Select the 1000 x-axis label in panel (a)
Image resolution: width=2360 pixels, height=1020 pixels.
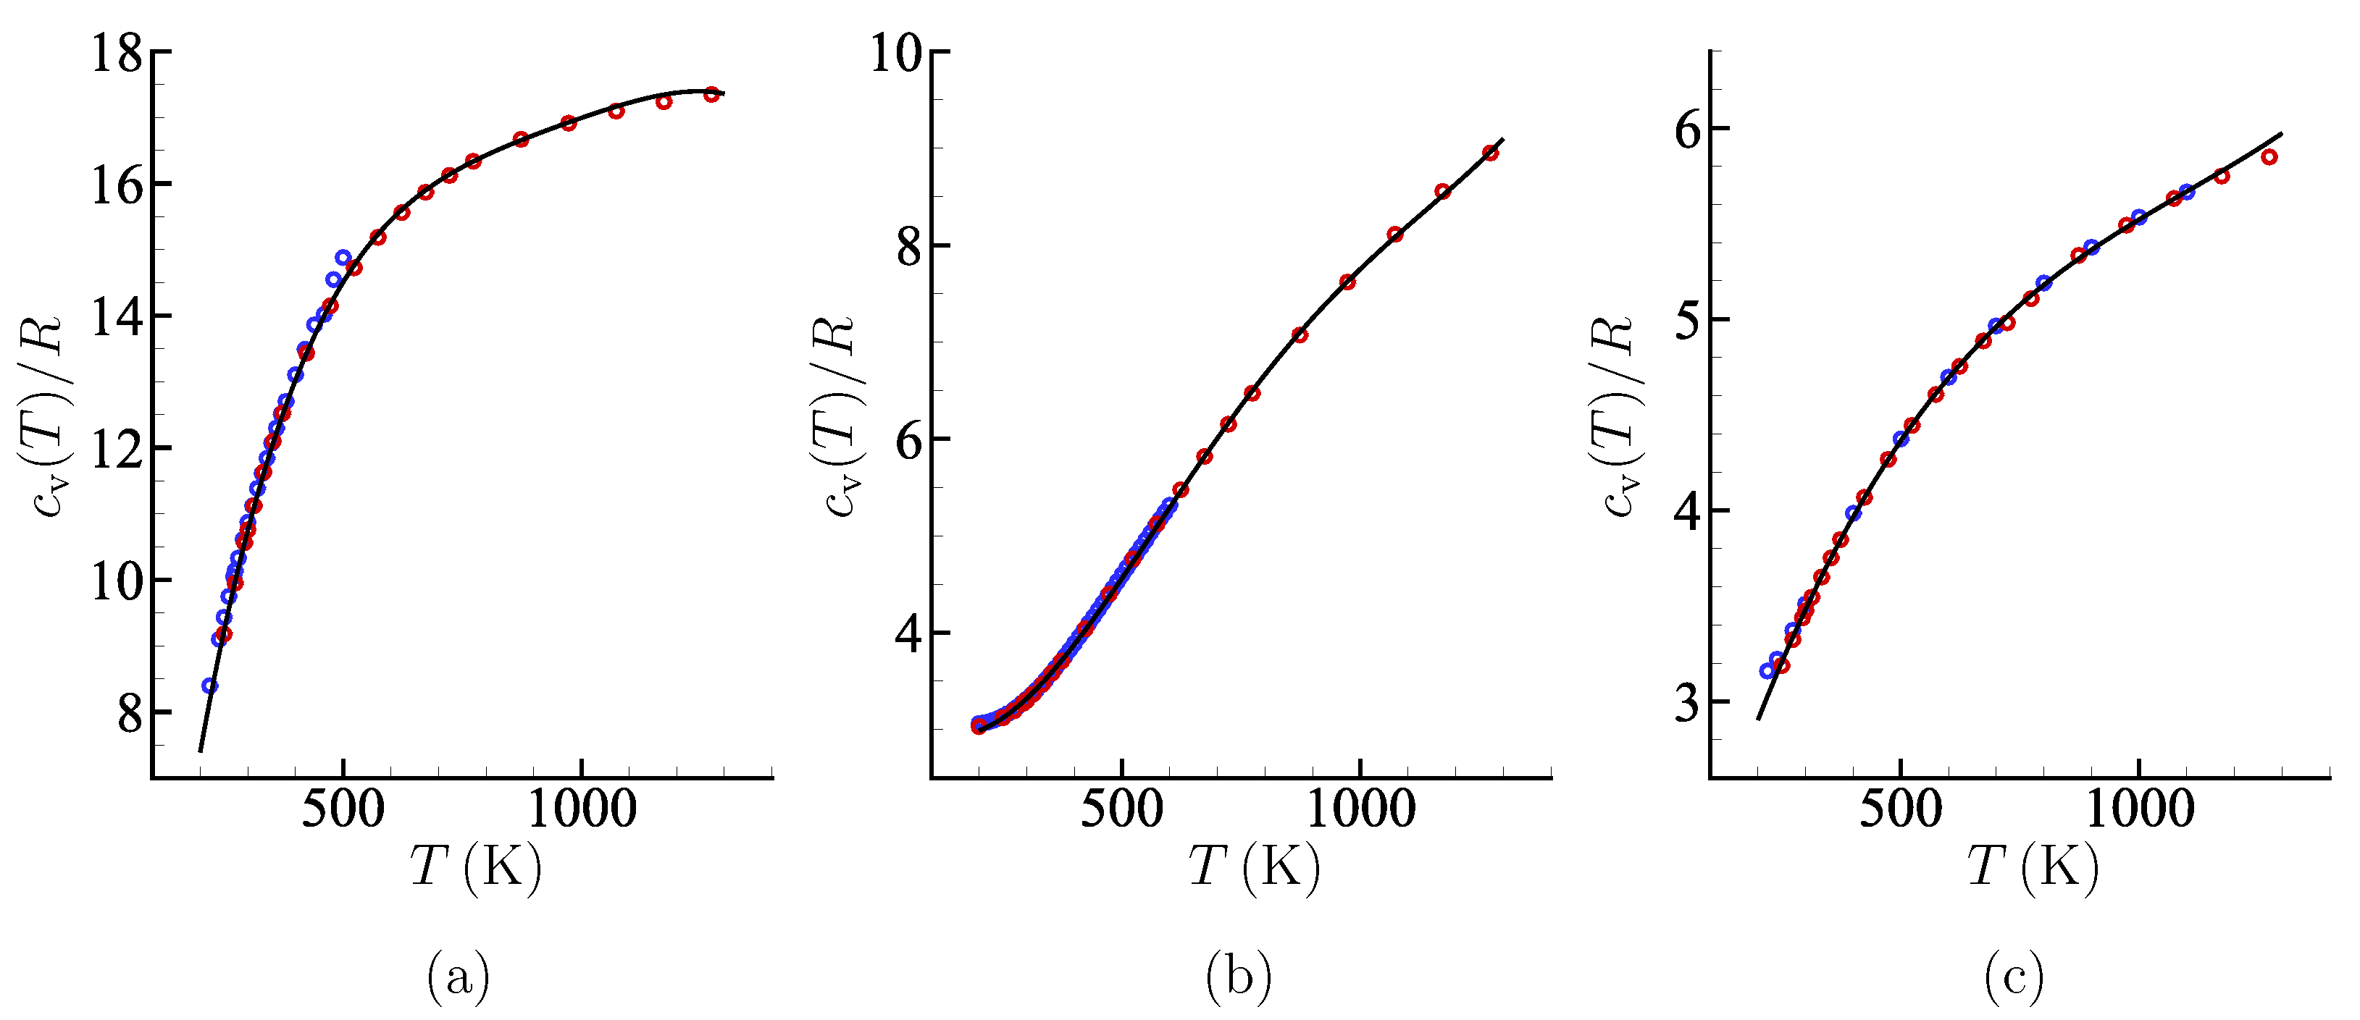pyautogui.click(x=582, y=810)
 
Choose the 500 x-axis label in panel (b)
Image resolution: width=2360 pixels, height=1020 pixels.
pyautogui.click(x=1122, y=810)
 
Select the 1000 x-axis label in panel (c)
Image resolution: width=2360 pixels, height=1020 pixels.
pyautogui.click(x=2140, y=810)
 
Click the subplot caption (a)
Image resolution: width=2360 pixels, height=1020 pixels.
pyautogui.click(x=458, y=978)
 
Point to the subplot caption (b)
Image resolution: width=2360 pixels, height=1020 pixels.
pyautogui.click(x=1239, y=978)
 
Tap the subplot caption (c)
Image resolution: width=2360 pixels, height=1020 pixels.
pyautogui.click(x=2015, y=978)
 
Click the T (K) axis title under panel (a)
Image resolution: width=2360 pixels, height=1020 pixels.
pyautogui.click(x=475, y=867)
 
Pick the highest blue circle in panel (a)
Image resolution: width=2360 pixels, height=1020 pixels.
pyautogui.click(x=343, y=257)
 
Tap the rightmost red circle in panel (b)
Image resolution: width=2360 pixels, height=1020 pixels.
pyautogui.click(x=1491, y=153)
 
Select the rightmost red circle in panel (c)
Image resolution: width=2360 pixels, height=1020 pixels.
pyautogui.click(x=2269, y=156)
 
